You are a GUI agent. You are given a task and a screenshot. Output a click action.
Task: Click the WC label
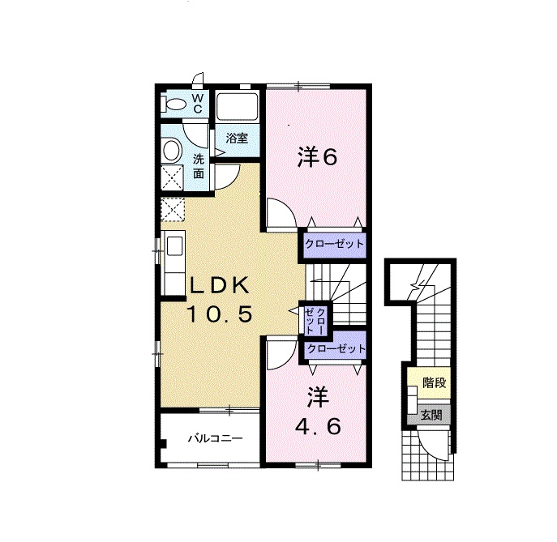point(198,103)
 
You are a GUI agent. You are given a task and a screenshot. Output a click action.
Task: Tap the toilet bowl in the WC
point(176,105)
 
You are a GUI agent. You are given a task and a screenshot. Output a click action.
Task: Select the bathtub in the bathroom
point(237,106)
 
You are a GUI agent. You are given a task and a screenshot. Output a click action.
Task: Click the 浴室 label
point(237,138)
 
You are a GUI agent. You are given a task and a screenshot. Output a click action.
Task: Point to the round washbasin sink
point(172,151)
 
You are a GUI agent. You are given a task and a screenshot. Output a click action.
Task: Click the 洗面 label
point(199,166)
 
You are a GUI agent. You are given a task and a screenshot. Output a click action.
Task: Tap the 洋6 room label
point(317,157)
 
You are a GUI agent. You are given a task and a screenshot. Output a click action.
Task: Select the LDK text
point(219,285)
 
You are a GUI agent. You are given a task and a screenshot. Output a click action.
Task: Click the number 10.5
point(219,314)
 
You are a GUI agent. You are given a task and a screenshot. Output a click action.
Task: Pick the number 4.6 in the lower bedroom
point(318,426)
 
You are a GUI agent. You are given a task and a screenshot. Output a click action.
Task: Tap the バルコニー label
point(216,438)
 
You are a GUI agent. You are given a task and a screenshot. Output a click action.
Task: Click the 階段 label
point(434,383)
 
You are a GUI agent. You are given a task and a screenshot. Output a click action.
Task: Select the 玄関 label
point(431,415)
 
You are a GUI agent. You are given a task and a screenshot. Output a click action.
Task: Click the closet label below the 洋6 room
point(335,244)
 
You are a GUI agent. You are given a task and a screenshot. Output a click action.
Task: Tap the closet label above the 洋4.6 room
point(336,348)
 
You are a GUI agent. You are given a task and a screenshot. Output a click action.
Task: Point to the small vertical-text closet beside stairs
point(315,321)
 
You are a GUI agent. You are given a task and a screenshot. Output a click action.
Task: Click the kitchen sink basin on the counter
point(174,245)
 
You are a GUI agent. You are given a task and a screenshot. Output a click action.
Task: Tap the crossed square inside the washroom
point(172,177)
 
